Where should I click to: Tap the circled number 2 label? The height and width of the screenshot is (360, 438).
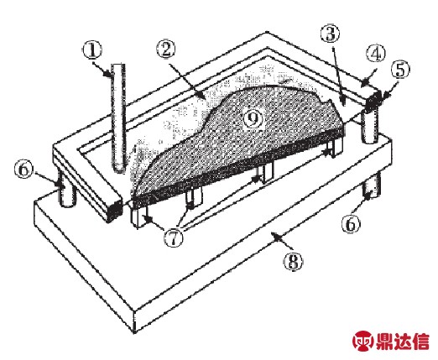pyautogui.click(x=165, y=49)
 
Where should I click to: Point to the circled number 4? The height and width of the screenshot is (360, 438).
pyautogui.click(x=376, y=54)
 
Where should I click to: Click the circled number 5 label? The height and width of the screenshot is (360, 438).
pyautogui.click(x=400, y=70)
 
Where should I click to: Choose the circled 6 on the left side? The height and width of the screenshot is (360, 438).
pyautogui.click(x=23, y=170)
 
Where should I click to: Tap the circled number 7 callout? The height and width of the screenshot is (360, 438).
pyautogui.click(x=174, y=237)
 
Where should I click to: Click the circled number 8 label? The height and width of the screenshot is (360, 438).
pyautogui.click(x=294, y=262)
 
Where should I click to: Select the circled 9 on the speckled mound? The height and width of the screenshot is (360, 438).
pyautogui.click(x=253, y=119)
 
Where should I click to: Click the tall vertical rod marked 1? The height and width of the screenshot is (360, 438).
pyautogui.click(x=118, y=118)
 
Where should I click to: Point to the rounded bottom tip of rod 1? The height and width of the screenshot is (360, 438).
pyautogui.click(x=119, y=171)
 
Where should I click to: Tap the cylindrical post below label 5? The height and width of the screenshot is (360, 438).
pyautogui.click(x=370, y=126)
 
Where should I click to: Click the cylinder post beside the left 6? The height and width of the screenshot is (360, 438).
pyautogui.click(x=66, y=192)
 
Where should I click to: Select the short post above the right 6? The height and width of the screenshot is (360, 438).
pyautogui.click(x=371, y=186)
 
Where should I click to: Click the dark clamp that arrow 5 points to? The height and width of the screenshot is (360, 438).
pyautogui.click(x=373, y=99)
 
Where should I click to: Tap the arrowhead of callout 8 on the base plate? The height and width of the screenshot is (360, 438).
pyautogui.click(x=275, y=237)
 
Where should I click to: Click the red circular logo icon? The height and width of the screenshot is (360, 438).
pyautogui.click(x=363, y=341)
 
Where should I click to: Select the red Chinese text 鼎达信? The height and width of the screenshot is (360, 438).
pyautogui.click(x=402, y=341)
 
